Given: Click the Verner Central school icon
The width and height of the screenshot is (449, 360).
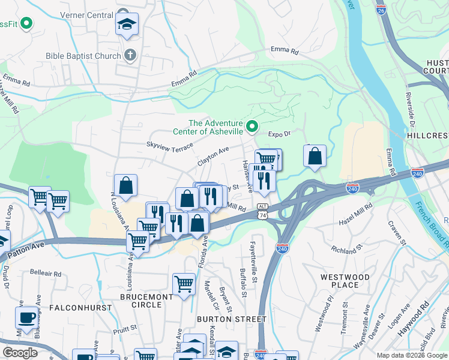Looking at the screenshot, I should tap(127, 24).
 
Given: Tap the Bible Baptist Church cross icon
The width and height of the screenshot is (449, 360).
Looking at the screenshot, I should tap(130, 56).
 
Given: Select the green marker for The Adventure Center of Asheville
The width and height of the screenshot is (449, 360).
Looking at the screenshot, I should tap(252, 126).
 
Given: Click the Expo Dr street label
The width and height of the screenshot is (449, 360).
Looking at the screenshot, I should tap(279, 134).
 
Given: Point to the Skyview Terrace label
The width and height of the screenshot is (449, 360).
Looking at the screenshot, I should tap(170, 145).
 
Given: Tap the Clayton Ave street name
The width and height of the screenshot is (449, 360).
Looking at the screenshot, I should tap(214, 158).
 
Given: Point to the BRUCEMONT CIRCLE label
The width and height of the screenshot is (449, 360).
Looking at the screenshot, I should tap(149, 301).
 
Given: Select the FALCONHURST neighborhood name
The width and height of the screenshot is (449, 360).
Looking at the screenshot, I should tap(80, 307).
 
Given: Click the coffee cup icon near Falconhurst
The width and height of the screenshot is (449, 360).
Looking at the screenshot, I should tap(27, 317).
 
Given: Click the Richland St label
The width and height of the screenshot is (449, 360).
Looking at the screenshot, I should tap(347, 247).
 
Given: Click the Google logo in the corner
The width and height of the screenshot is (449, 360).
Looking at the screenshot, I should tap(20, 352).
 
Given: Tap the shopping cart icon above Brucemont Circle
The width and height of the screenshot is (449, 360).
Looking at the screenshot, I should tap(184, 284).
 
